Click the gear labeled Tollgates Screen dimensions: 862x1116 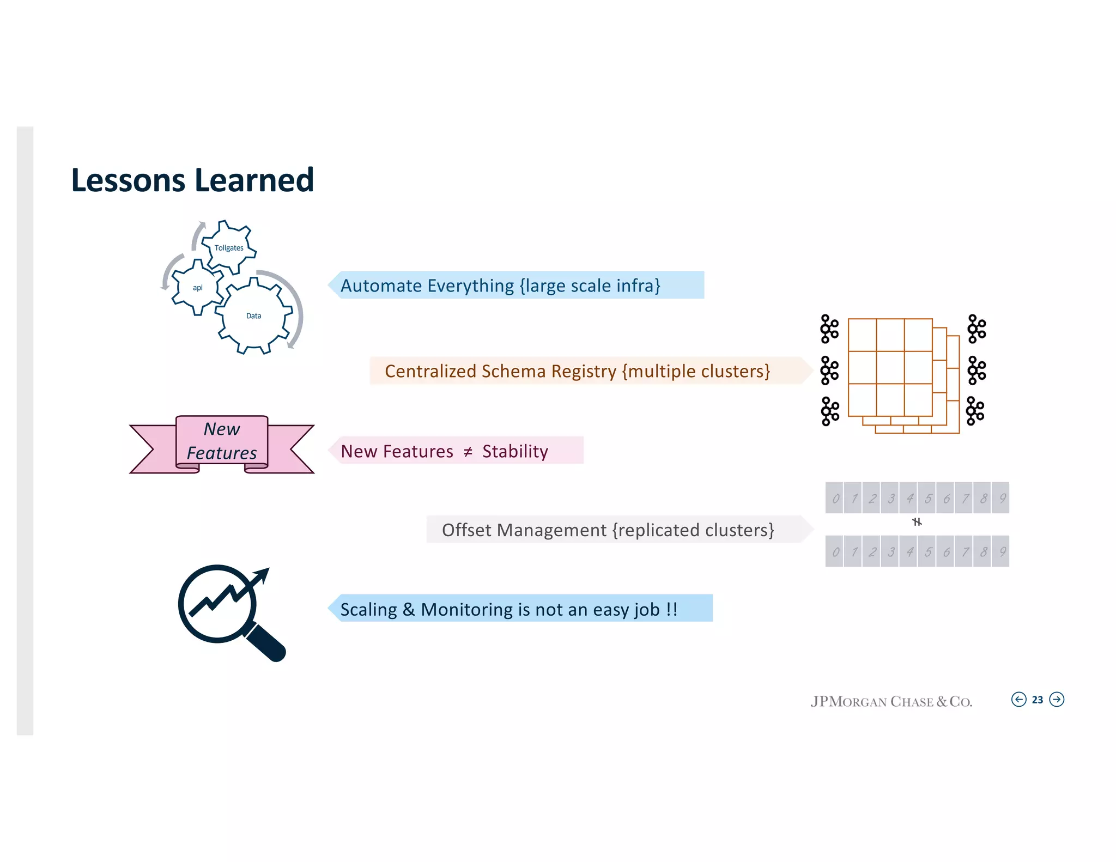[x=229, y=247]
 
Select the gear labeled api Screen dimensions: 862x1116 [x=197, y=287]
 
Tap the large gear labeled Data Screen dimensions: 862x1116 [x=253, y=316]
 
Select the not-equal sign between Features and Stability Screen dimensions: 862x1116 [x=468, y=452]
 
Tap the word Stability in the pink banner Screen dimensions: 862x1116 [x=515, y=452]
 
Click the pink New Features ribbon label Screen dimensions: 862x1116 [x=222, y=441]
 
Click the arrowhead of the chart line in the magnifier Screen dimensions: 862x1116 [x=263, y=574]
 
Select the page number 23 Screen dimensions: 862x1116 [x=1038, y=700]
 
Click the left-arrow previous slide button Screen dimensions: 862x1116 [x=1018, y=700]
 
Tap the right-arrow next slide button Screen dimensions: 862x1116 [x=1057, y=700]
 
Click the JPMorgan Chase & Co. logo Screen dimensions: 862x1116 [x=891, y=702]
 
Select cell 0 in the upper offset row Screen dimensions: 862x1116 [x=835, y=498]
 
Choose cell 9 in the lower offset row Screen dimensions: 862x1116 [x=1001, y=551]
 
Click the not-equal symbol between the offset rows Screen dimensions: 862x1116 [x=917, y=522]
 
